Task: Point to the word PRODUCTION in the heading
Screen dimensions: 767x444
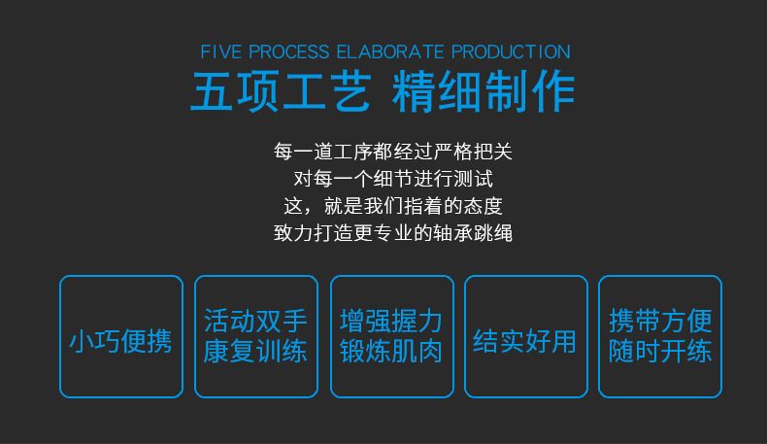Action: pyautogui.click(x=511, y=51)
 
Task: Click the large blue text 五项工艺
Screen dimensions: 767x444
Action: pyautogui.click(x=281, y=92)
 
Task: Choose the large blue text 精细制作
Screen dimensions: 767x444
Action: pyautogui.click(x=484, y=92)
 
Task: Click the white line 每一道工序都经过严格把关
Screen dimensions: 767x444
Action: pyautogui.click(x=392, y=152)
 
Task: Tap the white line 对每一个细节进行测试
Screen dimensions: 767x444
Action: pyautogui.click(x=392, y=179)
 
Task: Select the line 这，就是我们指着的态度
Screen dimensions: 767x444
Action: pyautogui.click(x=392, y=206)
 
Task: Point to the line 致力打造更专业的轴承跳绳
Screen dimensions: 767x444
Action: pyautogui.click(x=392, y=233)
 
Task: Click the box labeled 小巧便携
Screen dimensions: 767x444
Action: pyautogui.click(x=121, y=337)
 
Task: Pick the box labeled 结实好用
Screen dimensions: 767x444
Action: pyautogui.click(x=525, y=337)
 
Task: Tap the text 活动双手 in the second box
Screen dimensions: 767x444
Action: pyautogui.click(x=256, y=322)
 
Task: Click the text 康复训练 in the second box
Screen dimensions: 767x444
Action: pyautogui.click(x=256, y=351)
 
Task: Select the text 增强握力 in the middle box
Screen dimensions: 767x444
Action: pyautogui.click(x=391, y=322)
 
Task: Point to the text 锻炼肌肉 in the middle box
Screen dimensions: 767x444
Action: pyautogui.click(x=391, y=351)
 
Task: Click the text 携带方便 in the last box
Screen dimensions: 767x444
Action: pyautogui.click(x=660, y=322)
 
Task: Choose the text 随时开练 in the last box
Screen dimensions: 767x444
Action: pyautogui.click(x=660, y=351)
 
